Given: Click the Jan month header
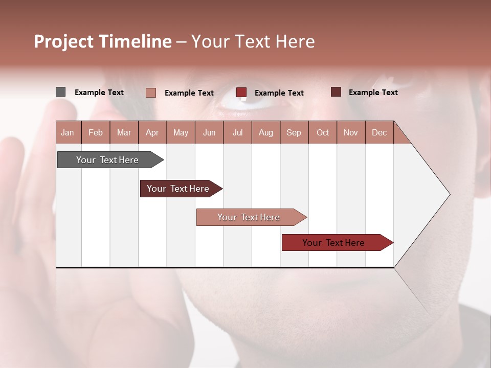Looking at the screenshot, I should coord(68,132).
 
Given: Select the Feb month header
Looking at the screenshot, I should coord(96,132).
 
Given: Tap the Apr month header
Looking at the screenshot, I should coord(152,132).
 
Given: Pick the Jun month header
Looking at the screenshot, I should coord(209,132).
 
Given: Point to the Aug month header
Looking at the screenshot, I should coord(265,132).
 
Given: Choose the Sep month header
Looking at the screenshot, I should coord(294,132).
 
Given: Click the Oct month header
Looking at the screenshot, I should coord(323,132).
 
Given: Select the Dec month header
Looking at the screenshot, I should coord(379,132).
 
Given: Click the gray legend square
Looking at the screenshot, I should coord(60,92).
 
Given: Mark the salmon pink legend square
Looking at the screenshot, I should coord(150,93).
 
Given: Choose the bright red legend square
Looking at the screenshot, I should coord(241,93).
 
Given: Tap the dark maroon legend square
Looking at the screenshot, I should coord(336,92).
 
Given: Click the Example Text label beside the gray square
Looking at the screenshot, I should coord(99,93).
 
